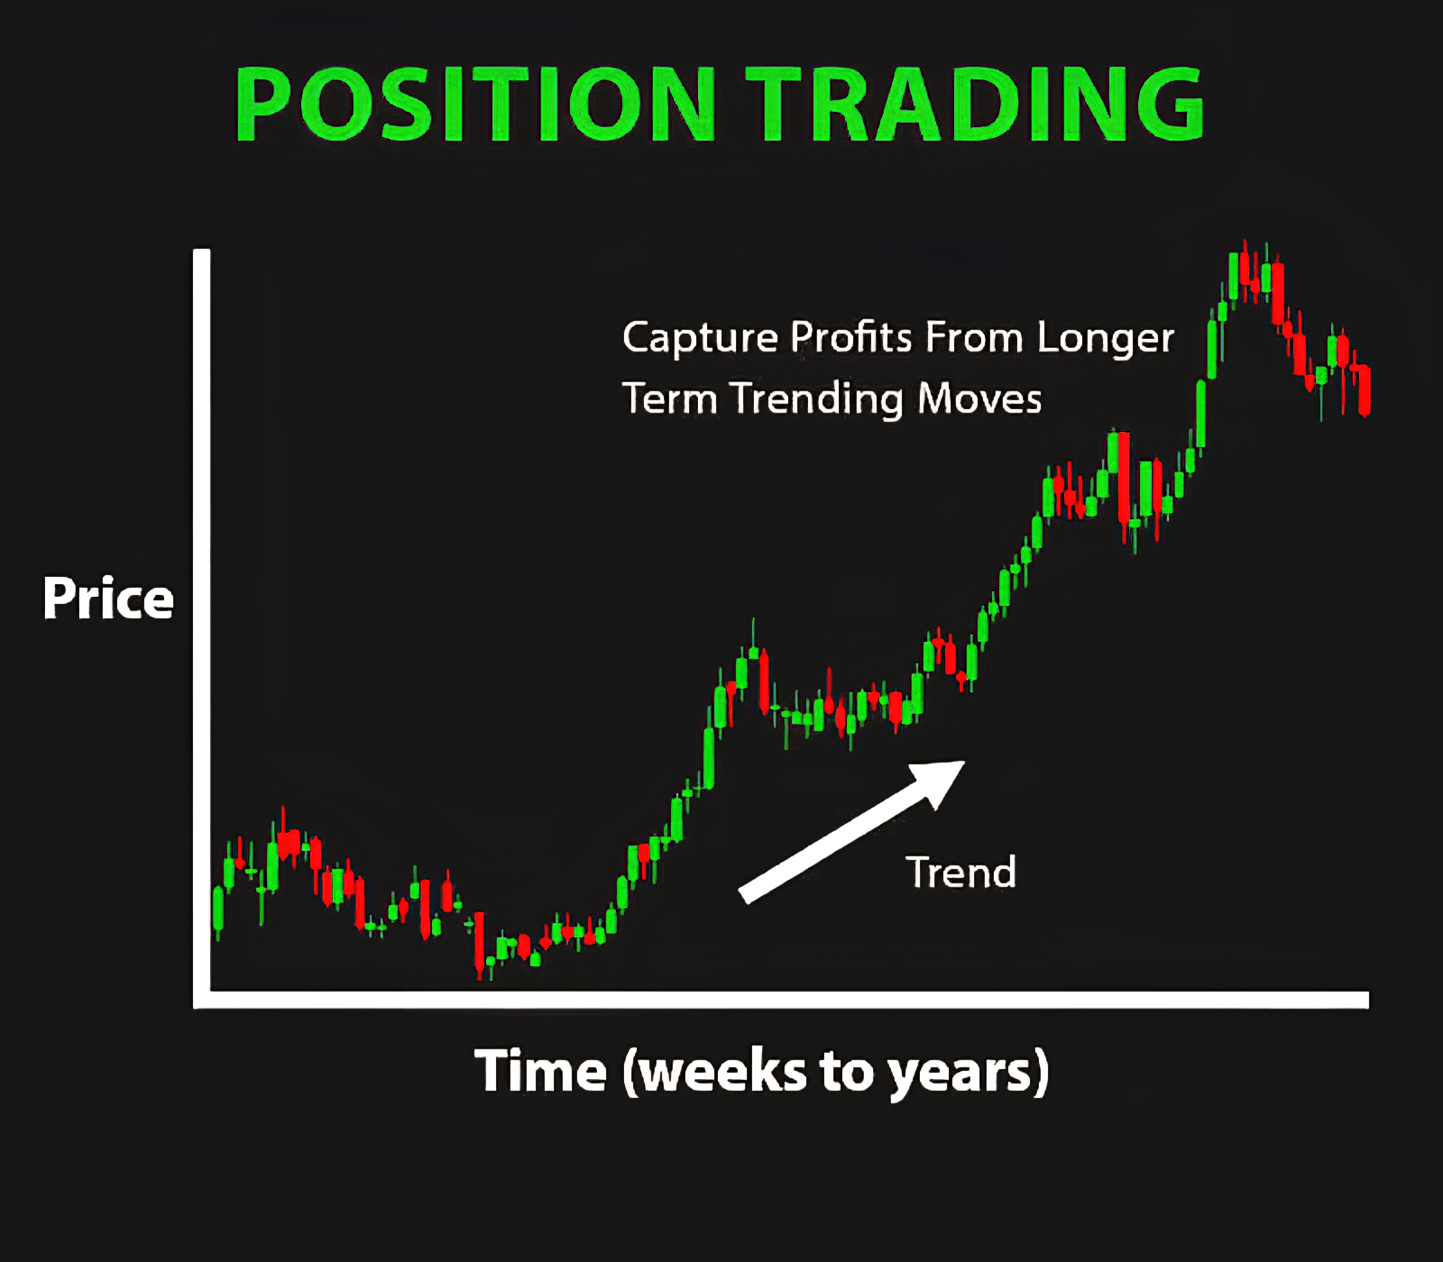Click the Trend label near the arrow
pyautogui.click(x=960, y=873)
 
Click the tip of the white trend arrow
pyautogui.click(x=965, y=763)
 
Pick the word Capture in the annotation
pyautogui.click(x=700, y=338)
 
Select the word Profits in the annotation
pyautogui.click(x=851, y=337)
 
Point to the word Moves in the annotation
pyautogui.click(x=979, y=398)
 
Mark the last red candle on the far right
pyautogui.click(x=1364, y=389)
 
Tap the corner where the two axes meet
pyautogui.click(x=202, y=1000)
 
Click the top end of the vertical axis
pyautogui.click(x=202, y=251)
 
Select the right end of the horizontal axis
pyautogui.click(x=1367, y=1000)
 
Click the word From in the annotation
pyautogui.click(x=974, y=337)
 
